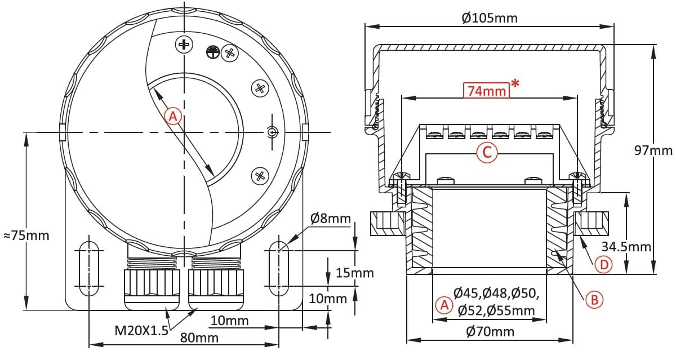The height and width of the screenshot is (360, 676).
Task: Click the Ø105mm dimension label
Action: tap(489, 18)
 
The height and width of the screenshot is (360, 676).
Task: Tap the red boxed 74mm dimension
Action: tap(486, 91)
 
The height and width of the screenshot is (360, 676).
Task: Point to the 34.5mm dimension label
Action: tap(626, 247)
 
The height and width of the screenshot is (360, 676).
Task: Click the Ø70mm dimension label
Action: tap(490, 332)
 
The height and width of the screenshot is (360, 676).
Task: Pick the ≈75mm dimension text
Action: tap(26, 235)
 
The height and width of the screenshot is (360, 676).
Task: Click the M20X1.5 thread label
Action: tap(141, 331)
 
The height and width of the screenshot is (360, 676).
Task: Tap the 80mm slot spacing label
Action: tap(199, 337)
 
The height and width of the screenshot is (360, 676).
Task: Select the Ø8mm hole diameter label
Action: tap(331, 218)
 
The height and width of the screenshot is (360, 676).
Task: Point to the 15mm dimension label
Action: tap(354, 273)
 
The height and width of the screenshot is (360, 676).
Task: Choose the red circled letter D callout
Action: tap(603, 265)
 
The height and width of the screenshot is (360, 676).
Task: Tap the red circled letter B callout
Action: tap(594, 300)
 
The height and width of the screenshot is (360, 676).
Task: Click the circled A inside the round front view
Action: tap(173, 117)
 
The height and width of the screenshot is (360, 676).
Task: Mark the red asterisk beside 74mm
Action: tap(515, 83)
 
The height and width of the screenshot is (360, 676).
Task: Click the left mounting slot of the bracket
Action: tap(89, 269)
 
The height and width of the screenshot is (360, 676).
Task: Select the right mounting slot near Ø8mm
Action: tap(278, 269)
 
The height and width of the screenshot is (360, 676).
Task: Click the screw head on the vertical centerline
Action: tap(184, 45)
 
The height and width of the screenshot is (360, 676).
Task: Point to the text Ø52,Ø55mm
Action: tap(496, 310)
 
